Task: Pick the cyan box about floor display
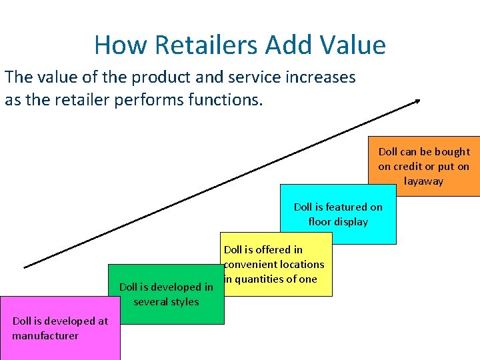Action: (x=338, y=214)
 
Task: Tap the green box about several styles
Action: (x=166, y=294)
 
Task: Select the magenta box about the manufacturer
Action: (x=60, y=328)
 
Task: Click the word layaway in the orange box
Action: (x=423, y=181)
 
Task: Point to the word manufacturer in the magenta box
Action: (x=45, y=336)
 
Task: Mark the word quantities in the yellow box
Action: (x=261, y=279)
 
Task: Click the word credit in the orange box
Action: (x=411, y=167)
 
